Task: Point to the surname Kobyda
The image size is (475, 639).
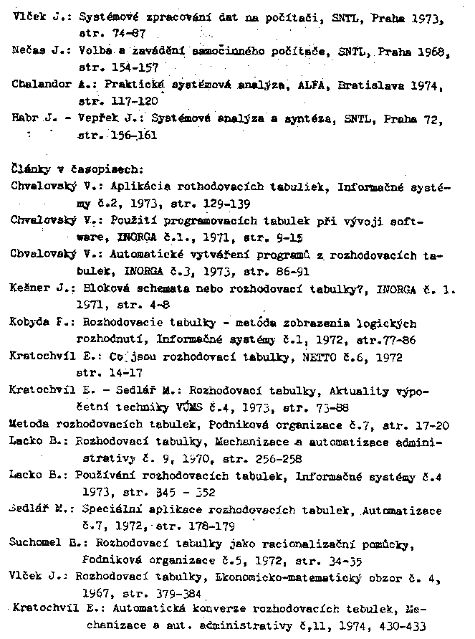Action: tap(30, 323)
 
